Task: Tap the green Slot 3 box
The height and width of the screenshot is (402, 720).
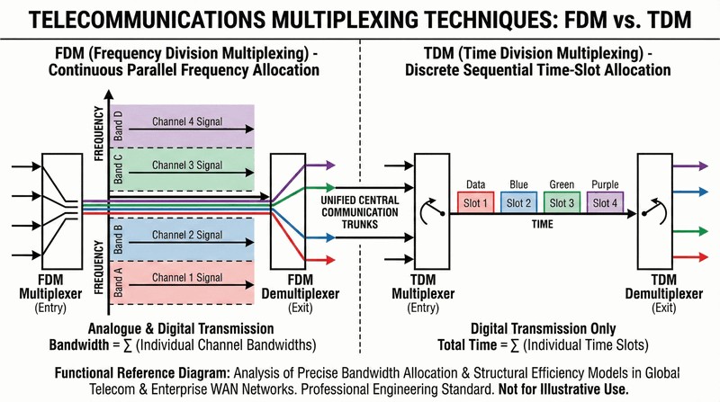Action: (563, 202)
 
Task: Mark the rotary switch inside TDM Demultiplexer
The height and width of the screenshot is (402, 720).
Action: (656, 210)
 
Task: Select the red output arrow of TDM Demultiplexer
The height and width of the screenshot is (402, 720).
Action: (695, 258)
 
